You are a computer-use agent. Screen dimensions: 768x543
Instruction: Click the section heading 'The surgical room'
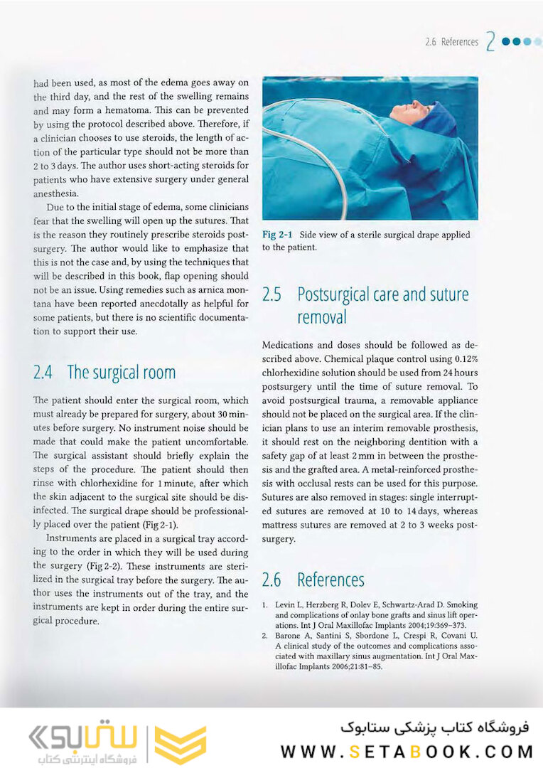(121, 372)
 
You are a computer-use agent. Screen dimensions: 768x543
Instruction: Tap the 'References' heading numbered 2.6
(330, 580)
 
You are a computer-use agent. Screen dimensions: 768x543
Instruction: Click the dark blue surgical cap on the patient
(436, 118)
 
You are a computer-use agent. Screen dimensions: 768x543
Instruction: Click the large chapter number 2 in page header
(490, 42)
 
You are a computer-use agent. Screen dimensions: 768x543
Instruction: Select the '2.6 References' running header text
(451, 42)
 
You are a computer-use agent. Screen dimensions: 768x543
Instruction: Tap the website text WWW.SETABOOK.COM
(407, 752)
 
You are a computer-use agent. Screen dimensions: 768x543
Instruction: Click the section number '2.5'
(274, 294)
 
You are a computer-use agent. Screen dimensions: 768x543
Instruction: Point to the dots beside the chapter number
(522, 41)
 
